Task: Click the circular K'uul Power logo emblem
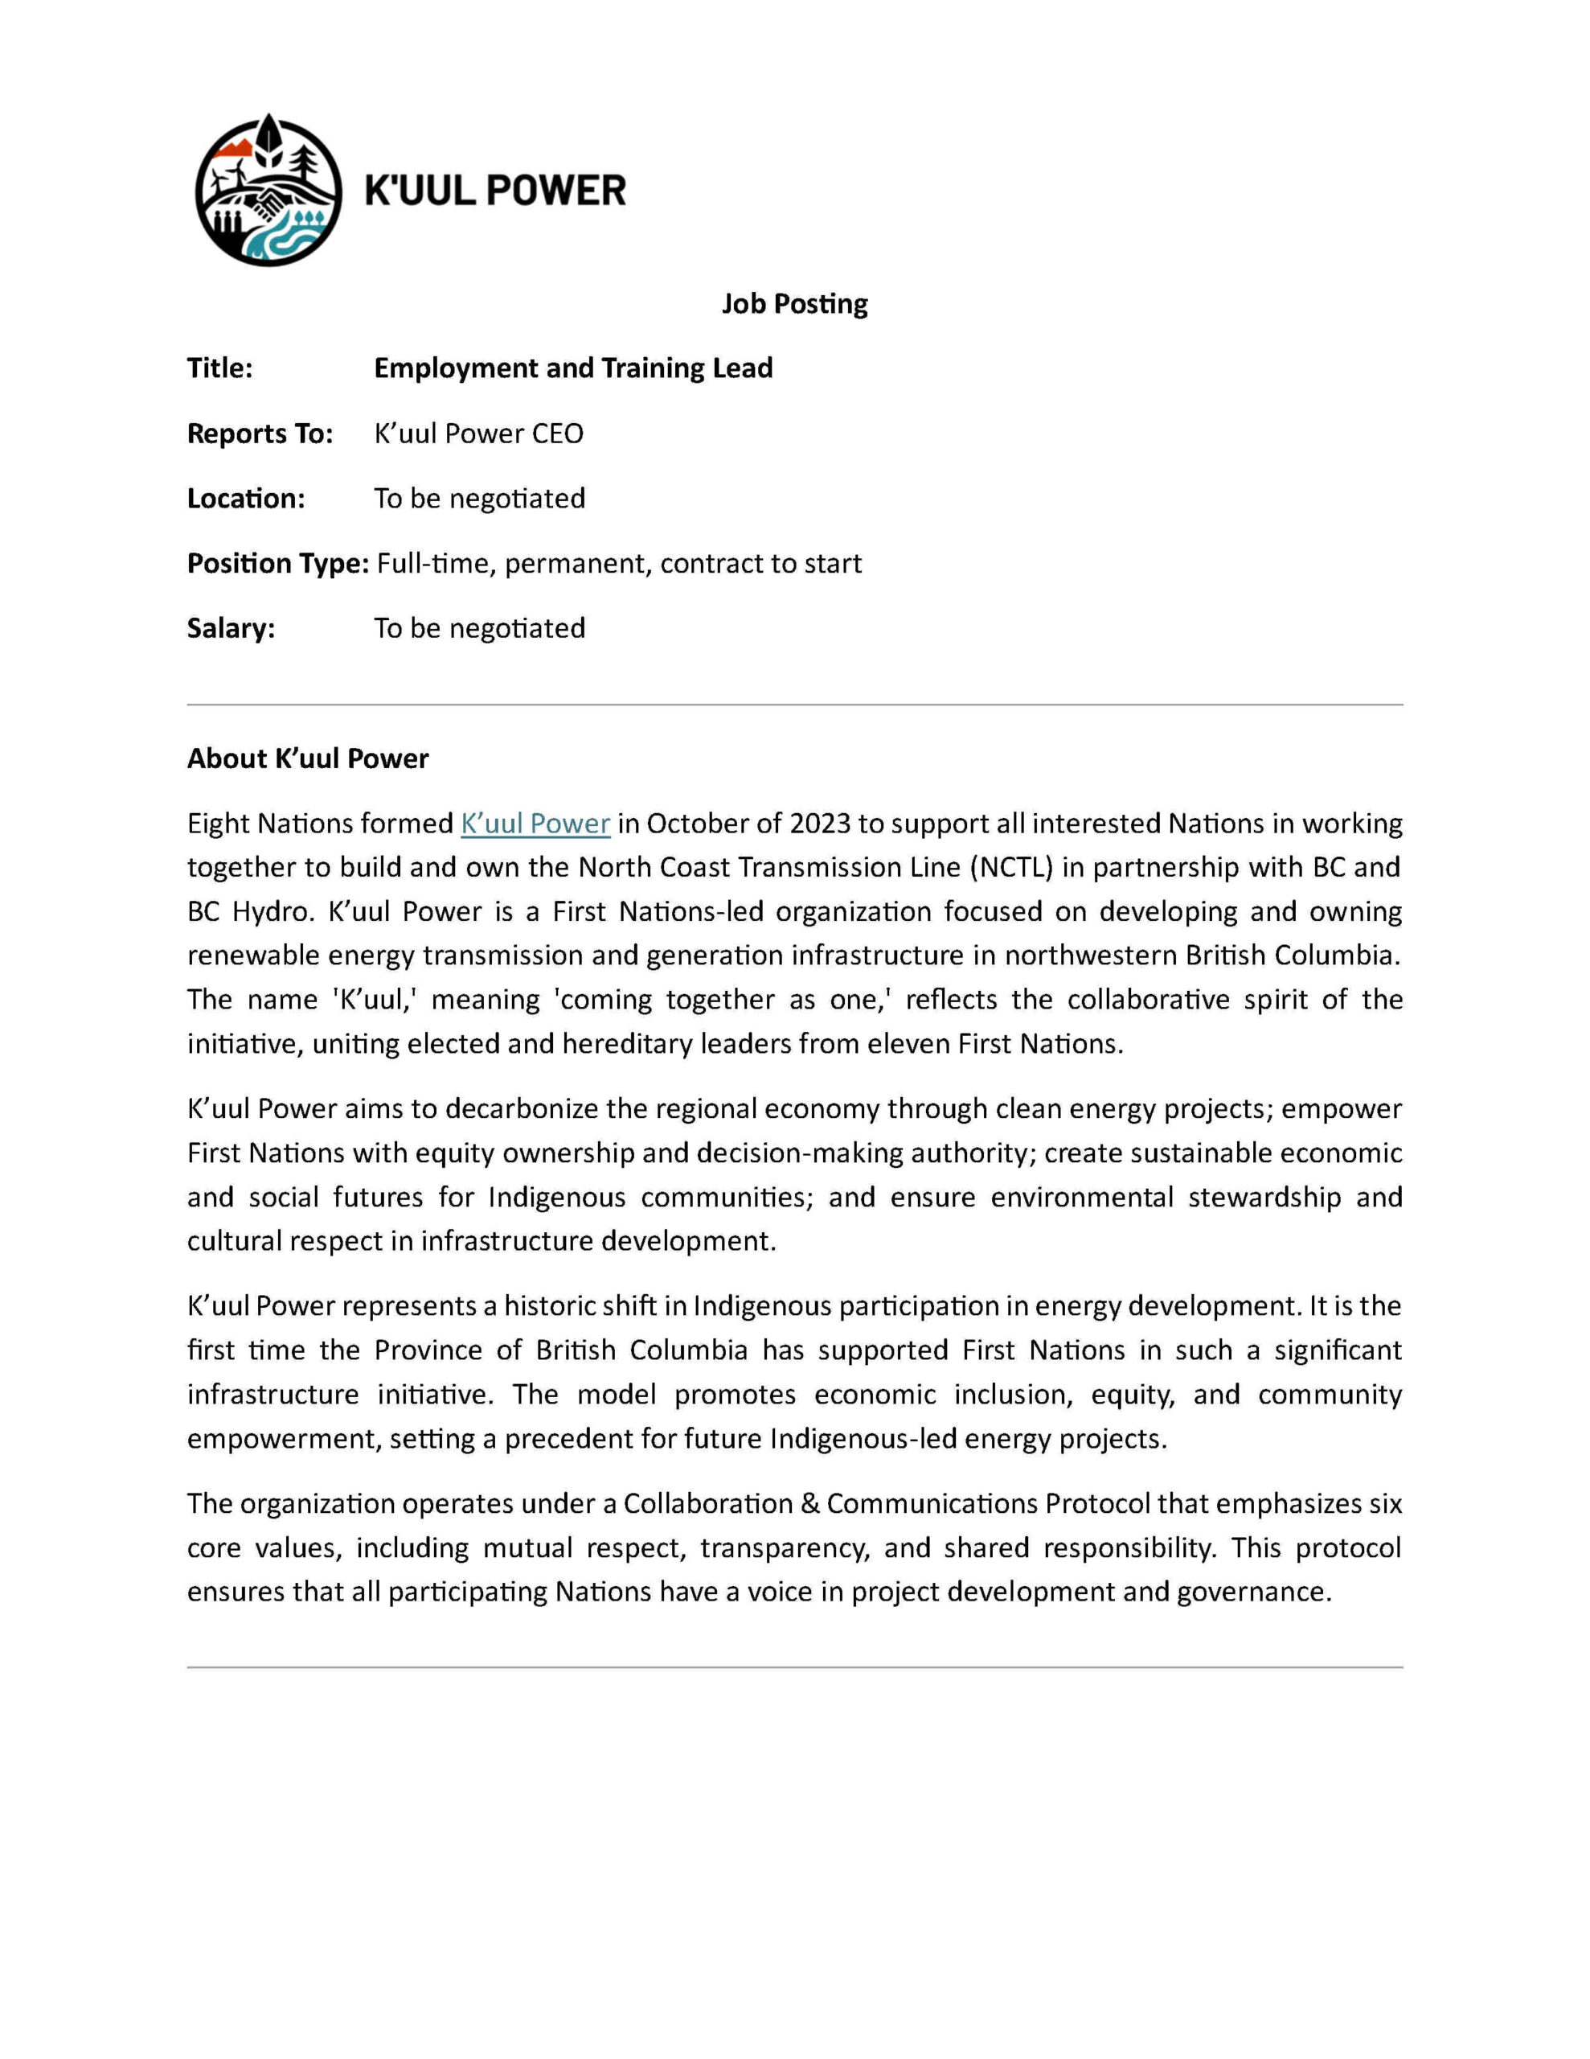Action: coord(268,191)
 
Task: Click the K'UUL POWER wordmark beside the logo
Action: coord(495,191)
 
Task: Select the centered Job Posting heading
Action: coord(794,303)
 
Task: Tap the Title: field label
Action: coord(219,368)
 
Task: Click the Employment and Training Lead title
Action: coord(573,368)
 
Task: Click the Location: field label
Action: coord(246,499)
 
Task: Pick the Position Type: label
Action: coord(278,564)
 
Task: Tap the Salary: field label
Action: coord(231,629)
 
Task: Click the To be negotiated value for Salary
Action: coord(479,629)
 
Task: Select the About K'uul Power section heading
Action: coord(307,759)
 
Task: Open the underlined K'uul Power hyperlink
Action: coord(535,824)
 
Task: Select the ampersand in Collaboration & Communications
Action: coord(809,1504)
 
